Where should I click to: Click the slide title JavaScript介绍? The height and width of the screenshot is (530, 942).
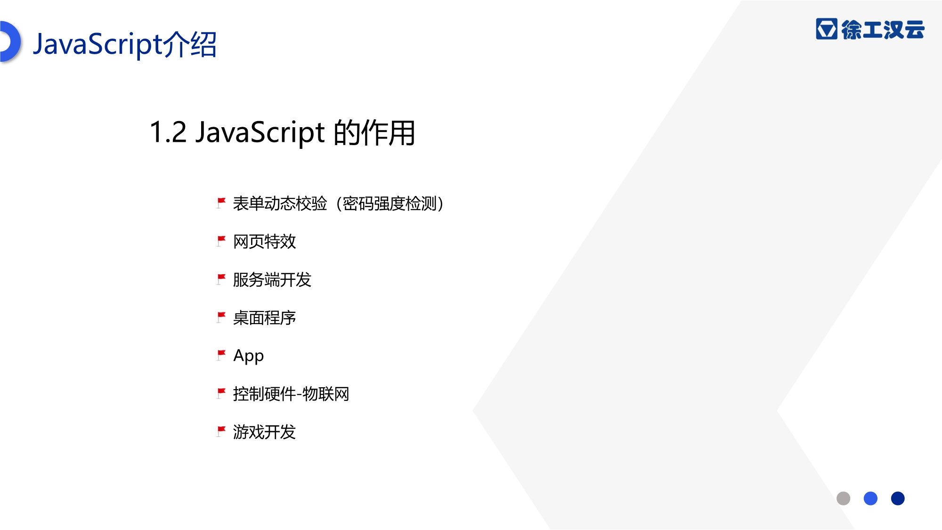(x=125, y=44)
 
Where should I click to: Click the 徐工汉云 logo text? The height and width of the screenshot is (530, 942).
(x=883, y=29)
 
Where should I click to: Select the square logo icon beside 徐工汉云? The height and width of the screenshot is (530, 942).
(x=827, y=29)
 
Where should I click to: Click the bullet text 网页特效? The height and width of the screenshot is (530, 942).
(x=264, y=242)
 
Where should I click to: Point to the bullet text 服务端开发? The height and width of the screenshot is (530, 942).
(x=272, y=280)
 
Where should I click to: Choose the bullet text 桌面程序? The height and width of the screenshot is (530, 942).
(x=264, y=318)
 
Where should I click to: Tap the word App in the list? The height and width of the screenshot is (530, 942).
(x=248, y=356)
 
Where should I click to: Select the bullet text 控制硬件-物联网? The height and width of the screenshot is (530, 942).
(x=291, y=394)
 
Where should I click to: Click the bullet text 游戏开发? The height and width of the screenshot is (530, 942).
(x=264, y=432)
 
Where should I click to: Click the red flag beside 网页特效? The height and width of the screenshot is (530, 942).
(x=221, y=241)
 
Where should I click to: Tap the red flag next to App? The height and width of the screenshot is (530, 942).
(x=221, y=355)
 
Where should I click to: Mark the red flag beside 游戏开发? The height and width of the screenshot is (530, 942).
(x=221, y=432)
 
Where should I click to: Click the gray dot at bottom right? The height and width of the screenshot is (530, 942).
(x=843, y=498)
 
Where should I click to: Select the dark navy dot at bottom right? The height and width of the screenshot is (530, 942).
(x=898, y=498)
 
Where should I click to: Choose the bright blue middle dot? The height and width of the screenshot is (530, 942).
(x=870, y=498)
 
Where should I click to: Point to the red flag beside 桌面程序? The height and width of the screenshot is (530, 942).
(x=221, y=318)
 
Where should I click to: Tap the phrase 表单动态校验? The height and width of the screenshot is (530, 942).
(x=280, y=204)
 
